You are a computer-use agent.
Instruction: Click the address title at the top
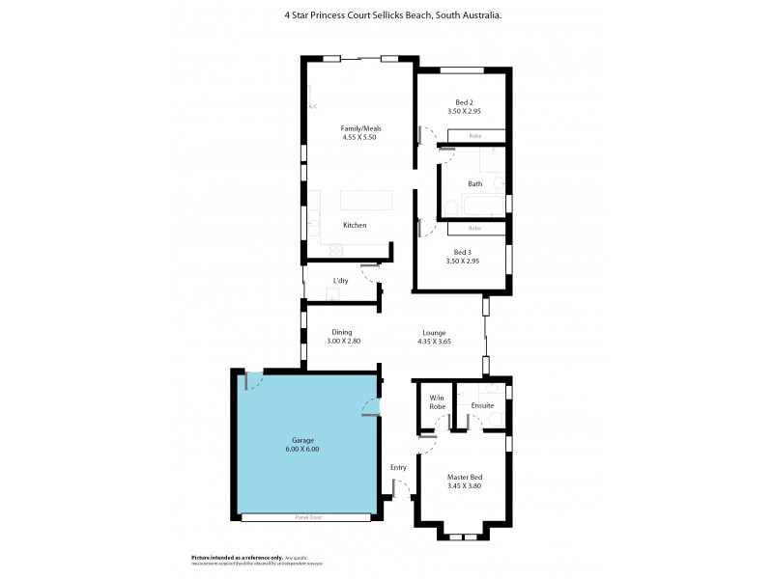point(386,15)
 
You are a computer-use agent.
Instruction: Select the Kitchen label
point(355,225)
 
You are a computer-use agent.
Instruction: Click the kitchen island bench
point(366,200)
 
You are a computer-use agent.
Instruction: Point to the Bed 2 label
point(464,102)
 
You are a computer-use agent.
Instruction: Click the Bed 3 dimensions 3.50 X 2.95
point(464,262)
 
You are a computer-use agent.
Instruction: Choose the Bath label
point(474,183)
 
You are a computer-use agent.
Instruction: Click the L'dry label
point(340,281)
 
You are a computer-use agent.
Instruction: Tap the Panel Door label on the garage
point(307,518)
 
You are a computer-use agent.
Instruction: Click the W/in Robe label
point(437,402)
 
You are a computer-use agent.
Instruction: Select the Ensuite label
point(482,406)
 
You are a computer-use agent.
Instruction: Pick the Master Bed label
point(464,477)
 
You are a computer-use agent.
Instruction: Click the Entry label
point(398,468)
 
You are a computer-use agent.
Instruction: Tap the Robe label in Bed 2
point(474,136)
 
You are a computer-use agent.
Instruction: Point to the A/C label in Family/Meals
point(312,106)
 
